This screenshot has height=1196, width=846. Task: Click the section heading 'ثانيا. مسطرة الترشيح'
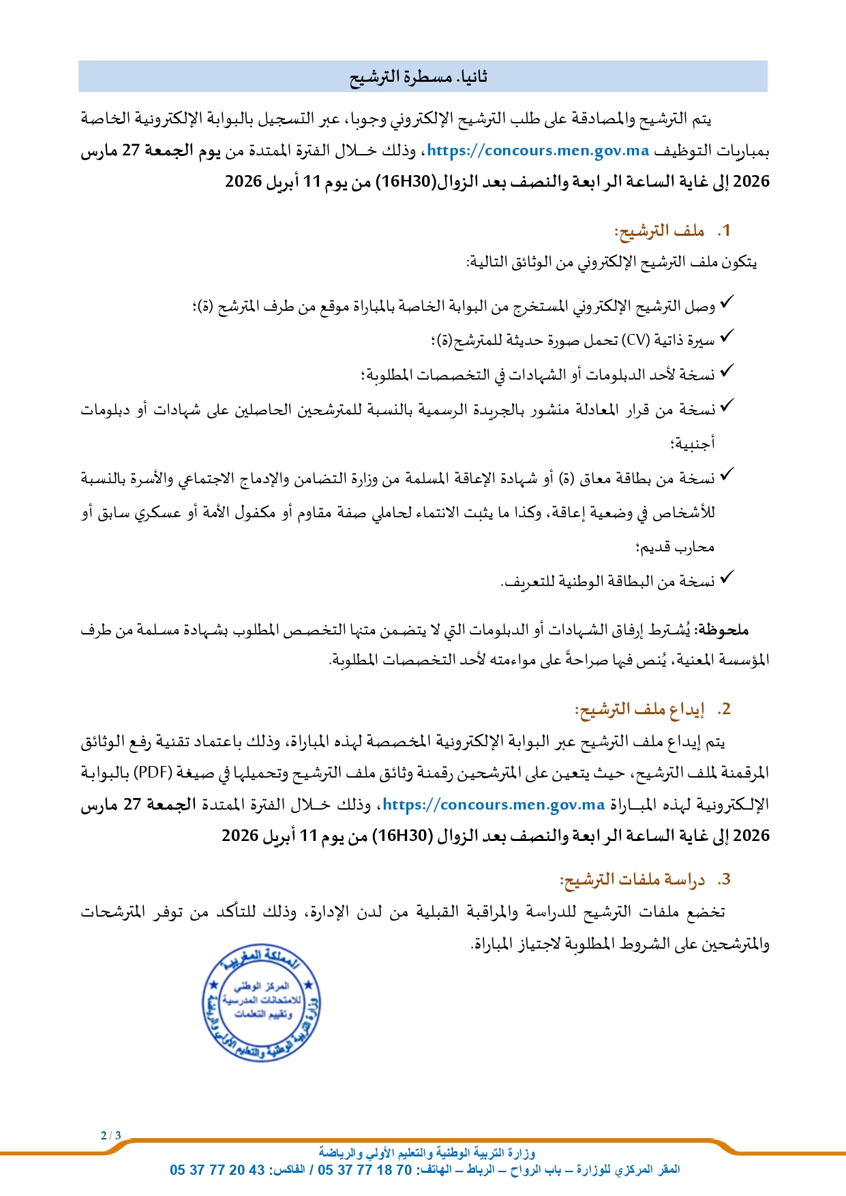click(419, 77)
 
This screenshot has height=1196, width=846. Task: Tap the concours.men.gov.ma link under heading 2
click(494, 805)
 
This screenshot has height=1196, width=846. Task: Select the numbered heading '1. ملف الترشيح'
click(671, 231)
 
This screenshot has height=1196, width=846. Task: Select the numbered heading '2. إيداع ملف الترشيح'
click(652, 709)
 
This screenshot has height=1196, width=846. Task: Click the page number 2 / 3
click(110, 1135)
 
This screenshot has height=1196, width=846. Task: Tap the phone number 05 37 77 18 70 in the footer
click(365, 1170)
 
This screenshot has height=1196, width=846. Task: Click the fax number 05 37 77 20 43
click(217, 1170)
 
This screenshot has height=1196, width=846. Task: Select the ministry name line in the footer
click(427, 1153)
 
